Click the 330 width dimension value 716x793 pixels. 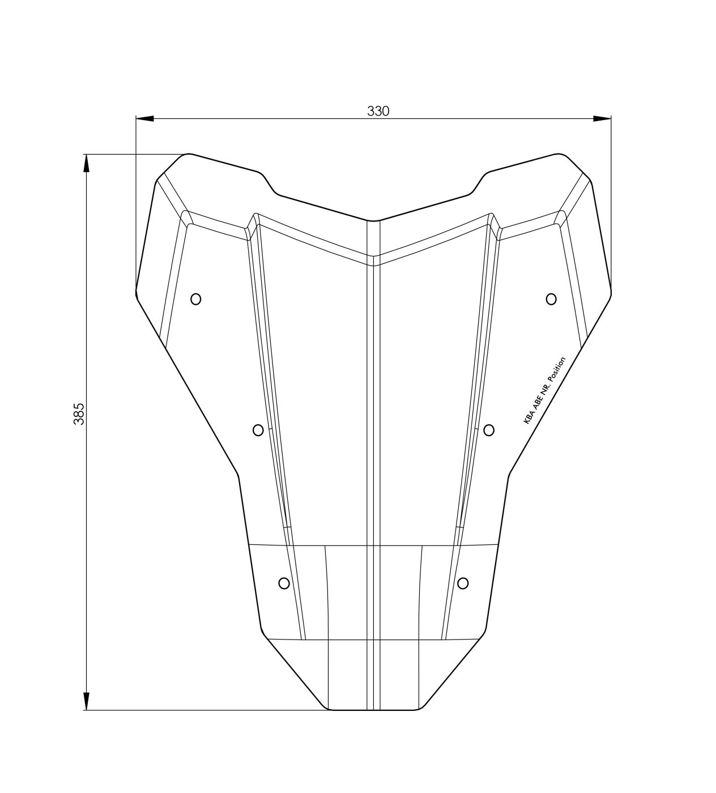[x=378, y=112]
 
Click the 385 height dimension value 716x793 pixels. [x=79, y=414]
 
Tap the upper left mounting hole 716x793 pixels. [x=195, y=299]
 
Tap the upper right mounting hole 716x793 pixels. [x=551, y=299]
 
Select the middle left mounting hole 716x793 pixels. [x=258, y=430]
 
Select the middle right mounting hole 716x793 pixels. [x=489, y=430]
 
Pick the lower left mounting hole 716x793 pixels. [x=284, y=583]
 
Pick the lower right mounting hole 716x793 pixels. [x=463, y=583]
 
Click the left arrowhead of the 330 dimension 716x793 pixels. [x=144, y=118]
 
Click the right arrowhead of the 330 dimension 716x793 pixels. [x=602, y=118]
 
